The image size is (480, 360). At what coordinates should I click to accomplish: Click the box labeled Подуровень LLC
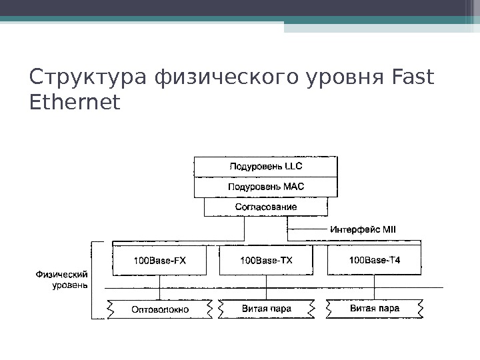tap(265, 167)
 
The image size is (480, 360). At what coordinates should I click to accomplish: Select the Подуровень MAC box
tap(265, 187)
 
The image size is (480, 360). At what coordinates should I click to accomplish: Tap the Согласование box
tap(265, 207)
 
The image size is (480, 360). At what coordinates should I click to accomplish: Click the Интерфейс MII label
tap(363, 229)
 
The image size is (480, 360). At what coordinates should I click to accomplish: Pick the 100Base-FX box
tap(160, 260)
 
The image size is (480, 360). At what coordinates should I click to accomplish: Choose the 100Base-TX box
tap(265, 260)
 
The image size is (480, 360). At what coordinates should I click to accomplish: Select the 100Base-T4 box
tap(374, 260)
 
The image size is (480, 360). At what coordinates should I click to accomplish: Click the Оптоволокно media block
tap(160, 309)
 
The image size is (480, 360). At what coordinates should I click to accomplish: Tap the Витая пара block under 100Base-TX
tap(266, 309)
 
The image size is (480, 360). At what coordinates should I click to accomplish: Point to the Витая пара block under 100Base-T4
tap(374, 309)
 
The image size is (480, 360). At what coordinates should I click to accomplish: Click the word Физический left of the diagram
tap(64, 273)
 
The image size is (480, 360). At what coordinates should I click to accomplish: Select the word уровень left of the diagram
tap(69, 285)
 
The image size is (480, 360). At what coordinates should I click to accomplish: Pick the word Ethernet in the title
tap(75, 103)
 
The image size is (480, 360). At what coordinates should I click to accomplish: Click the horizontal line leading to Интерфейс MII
tap(308, 229)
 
